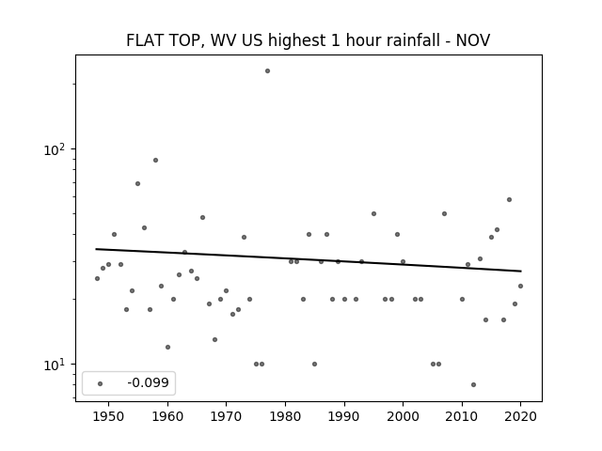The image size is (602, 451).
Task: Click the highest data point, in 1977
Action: tap(267, 71)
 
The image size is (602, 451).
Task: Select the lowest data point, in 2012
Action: tap(473, 384)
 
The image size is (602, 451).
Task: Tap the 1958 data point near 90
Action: tap(155, 161)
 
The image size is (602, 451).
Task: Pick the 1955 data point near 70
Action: tap(138, 184)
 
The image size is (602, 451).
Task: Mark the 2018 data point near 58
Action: tap(509, 200)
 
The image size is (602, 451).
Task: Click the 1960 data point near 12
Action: tap(167, 347)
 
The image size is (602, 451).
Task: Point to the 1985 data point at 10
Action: tap(315, 364)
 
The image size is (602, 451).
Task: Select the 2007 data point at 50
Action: tap(444, 213)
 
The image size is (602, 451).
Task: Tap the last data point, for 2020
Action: tap(520, 286)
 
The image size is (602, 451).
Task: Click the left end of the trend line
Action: tap(96, 249)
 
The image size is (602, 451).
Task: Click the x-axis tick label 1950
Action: tap(109, 416)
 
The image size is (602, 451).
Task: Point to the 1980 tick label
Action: tap(285, 416)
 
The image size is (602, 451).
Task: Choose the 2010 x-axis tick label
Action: tap(462, 416)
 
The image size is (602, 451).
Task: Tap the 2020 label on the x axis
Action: tap(520, 416)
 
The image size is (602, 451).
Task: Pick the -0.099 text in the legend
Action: tap(149, 382)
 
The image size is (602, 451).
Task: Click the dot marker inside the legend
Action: tap(101, 383)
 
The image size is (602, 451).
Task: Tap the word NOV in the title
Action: tap(472, 40)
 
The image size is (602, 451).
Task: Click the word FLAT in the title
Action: tap(144, 40)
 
